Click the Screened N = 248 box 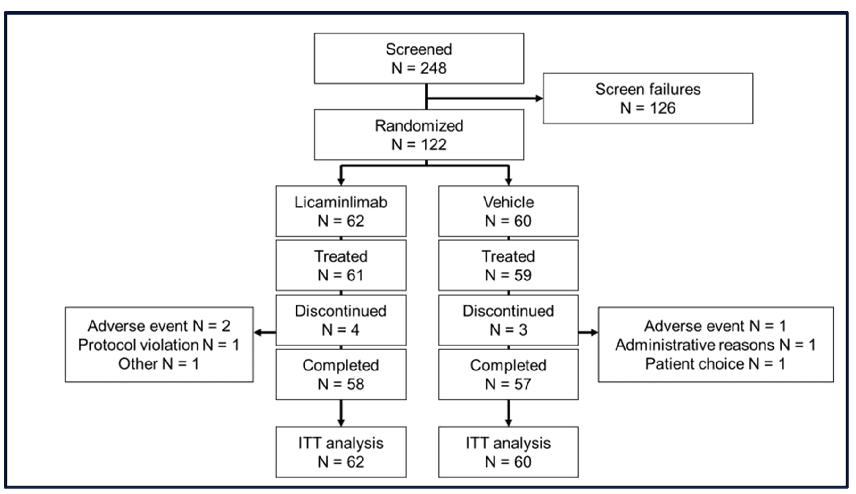pyautogui.click(x=419, y=58)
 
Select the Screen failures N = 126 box pyautogui.click(x=648, y=99)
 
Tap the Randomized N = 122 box pyautogui.click(x=419, y=135)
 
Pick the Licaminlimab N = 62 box pyautogui.click(x=341, y=211)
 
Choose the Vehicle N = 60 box pyautogui.click(x=508, y=211)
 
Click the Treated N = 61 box pyautogui.click(x=341, y=265)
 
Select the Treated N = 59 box pyautogui.click(x=508, y=265)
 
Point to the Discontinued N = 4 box pyautogui.click(x=341, y=320)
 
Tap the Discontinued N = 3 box pyautogui.click(x=508, y=320)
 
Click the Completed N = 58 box pyautogui.click(x=341, y=374)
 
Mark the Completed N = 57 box pyautogui.click(x=508, y=374)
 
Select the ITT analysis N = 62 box pyautogui.click(x=341, y=452)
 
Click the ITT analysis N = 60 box pyautogui.click(x=508, y=452)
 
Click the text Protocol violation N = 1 pyautogui.click(x=159, y=345)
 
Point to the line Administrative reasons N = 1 pyautogui.click(x=715, y=345)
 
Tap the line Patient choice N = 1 pyautogui.click(x=715, y=364)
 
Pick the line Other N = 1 pyautogui.click(x=159, y=364)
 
